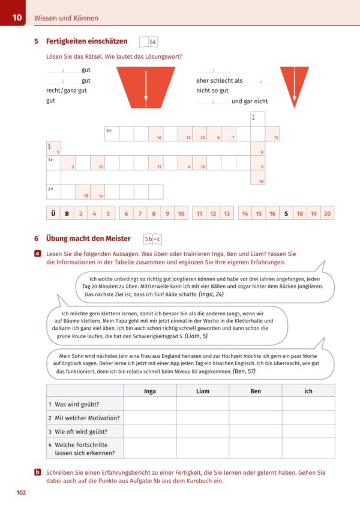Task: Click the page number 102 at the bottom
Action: click(21, 493)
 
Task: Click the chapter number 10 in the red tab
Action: click(17, 18)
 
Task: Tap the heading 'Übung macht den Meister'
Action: click(88, 239)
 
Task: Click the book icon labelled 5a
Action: click(148, 41)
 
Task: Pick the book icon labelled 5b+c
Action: click(152, 239)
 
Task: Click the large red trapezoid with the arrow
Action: click(145, 86)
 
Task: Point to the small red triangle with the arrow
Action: click(294, 85)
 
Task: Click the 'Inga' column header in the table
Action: click(150, 391)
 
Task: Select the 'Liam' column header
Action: click(203, 391)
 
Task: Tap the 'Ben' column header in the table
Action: click(256, 391)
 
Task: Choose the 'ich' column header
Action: click(308, 391)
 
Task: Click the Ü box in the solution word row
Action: click(53, 213)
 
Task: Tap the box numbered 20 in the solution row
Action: click(327, 213)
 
